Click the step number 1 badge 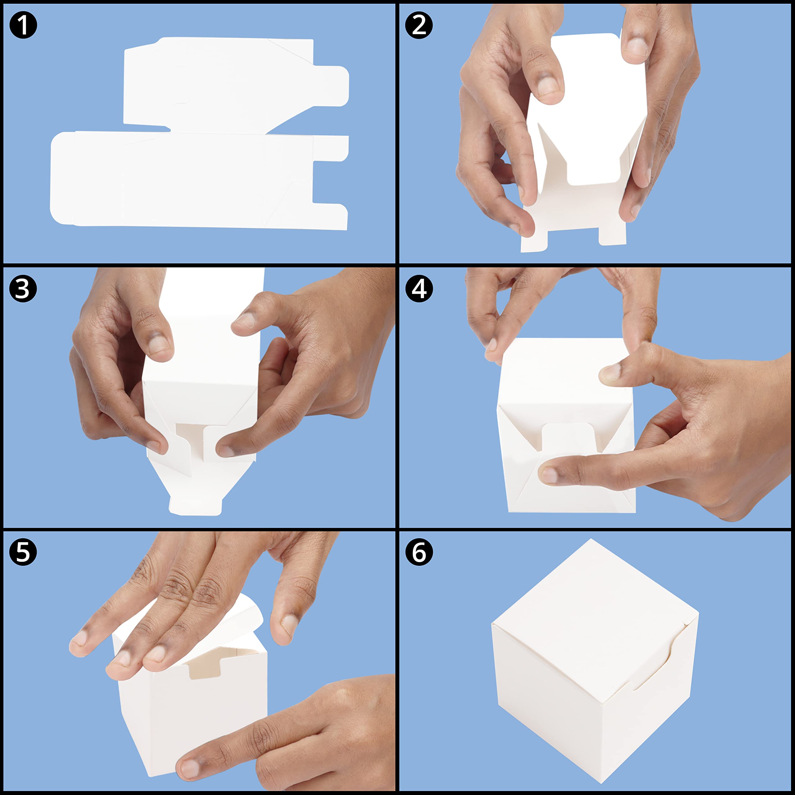click(23, 25)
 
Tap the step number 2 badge click(419, 25)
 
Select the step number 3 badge click(23, 288)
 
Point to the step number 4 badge click(419, 288)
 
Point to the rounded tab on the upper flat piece click(331, 86)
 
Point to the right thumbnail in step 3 click(226, 451)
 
